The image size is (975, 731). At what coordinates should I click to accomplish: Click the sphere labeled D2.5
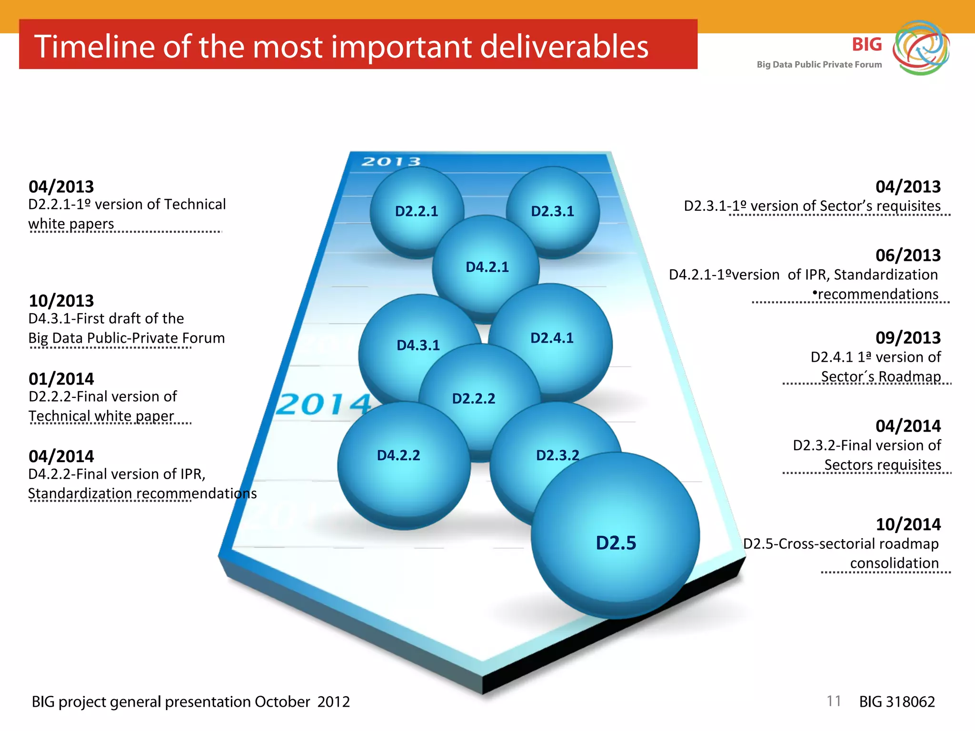615,543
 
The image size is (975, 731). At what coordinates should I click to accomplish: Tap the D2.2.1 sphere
416,211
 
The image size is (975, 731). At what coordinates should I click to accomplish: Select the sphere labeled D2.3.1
552,211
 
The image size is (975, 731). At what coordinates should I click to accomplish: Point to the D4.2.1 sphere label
487,267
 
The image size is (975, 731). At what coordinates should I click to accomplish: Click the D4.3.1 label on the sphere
418,345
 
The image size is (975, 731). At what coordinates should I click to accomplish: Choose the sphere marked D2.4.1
552,338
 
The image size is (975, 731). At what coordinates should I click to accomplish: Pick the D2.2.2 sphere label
473,398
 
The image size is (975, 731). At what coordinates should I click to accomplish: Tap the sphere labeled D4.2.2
398,455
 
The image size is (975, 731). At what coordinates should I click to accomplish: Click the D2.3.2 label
557,455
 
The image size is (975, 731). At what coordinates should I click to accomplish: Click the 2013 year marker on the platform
391,162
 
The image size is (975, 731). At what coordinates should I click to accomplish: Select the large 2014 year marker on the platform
324,405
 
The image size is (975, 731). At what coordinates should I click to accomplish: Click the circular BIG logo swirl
921,48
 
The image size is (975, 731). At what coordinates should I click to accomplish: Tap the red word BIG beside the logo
866,45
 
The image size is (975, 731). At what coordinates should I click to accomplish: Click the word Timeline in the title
94,47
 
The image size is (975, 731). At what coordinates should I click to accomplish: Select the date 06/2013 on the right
908,256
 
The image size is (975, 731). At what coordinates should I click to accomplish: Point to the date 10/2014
908,524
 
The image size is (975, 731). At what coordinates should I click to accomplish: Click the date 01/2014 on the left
61,379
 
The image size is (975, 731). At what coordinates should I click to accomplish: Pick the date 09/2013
908,338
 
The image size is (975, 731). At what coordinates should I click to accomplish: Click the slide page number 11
834,701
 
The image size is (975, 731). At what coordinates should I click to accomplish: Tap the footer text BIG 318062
897,701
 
